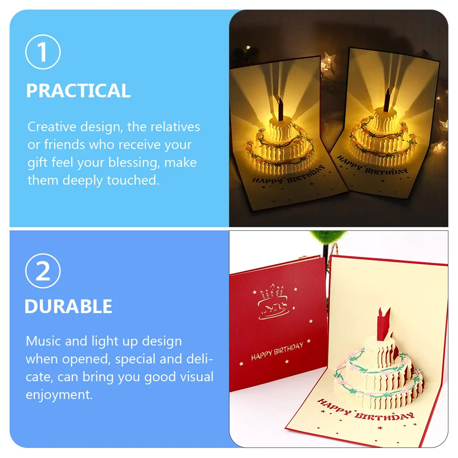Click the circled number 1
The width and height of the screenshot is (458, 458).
(43, 52)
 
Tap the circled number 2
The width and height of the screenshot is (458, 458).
(43, 271)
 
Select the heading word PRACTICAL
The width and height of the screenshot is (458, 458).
(78, 91)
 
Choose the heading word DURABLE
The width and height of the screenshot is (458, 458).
(68, 306)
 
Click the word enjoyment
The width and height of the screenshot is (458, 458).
(59, 395)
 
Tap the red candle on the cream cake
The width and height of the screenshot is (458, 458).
(383, 319)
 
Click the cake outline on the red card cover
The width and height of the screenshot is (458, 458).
(274, 303)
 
